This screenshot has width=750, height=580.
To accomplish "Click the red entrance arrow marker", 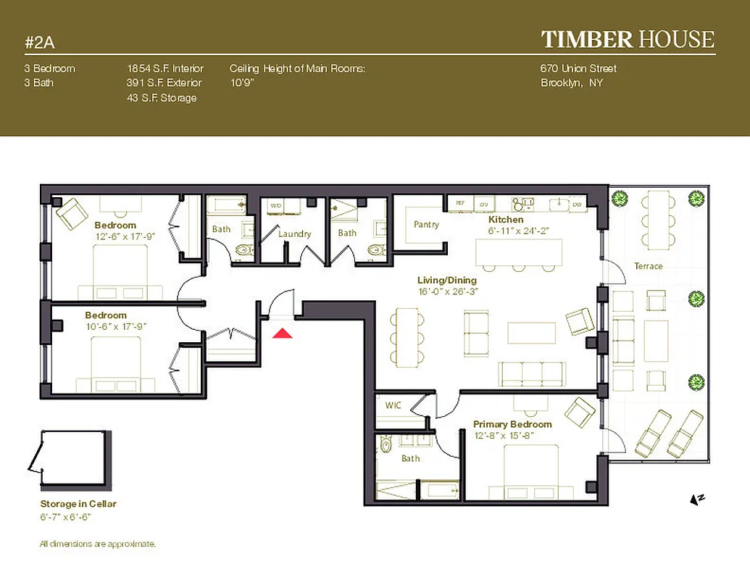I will coord(283,333).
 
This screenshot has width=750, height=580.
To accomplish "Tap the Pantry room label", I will coord(426,225).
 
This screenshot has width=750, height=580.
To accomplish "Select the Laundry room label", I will coord(294,233).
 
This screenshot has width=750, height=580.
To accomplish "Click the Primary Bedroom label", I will coord(512,424).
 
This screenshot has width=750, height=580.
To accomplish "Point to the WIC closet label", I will coord(393,405).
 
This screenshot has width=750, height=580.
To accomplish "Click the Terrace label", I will coord(648,266).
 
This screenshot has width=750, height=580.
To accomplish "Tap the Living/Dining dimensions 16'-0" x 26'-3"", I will coord(448,291).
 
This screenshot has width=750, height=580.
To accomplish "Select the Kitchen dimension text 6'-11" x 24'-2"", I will coord(520,230).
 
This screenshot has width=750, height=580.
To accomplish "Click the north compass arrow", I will coord(697,499).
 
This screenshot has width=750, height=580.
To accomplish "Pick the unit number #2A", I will coord(40,42).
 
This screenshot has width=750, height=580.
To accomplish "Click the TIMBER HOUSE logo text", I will coord(628,39).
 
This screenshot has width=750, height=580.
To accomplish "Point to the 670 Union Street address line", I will coord(578,69).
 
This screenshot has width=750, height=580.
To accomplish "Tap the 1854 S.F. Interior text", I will coord(165,69).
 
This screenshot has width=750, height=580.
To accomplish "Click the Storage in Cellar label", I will coord(78,504).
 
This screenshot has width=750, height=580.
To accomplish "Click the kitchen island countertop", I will coord(518,252).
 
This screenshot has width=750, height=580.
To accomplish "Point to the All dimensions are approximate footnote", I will coord(98,544).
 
